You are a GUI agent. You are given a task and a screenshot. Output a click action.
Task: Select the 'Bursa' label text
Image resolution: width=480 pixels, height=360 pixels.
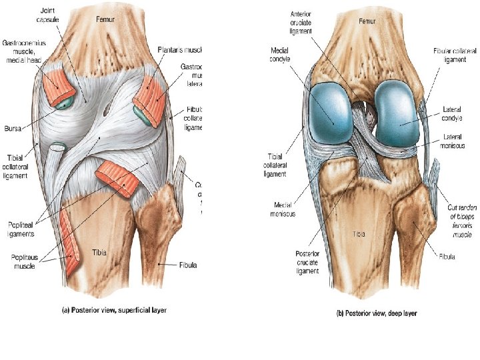pos(15,125)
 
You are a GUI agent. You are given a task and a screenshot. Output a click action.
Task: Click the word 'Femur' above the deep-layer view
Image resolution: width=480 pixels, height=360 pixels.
pos(367,21)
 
